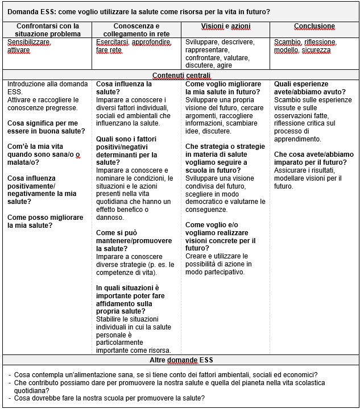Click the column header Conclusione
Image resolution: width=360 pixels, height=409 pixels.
[x=315, y=26]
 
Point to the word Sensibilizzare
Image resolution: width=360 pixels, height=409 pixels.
[x=29, y=43]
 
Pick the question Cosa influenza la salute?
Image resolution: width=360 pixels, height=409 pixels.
[x=124, y=87]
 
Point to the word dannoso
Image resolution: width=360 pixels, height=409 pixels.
[x=110, y=217]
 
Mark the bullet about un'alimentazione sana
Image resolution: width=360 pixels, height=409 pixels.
[x=165, y=375]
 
